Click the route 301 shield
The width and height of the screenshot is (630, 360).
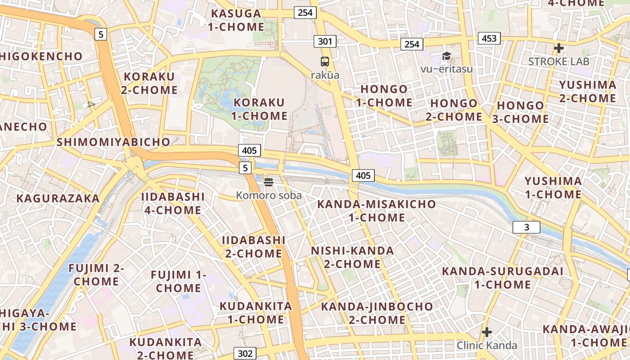pos(325,42)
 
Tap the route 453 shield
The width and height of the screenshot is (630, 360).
pos(489,38)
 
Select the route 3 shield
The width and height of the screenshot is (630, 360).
pos(526,227)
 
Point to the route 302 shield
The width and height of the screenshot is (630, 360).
pos(245,353)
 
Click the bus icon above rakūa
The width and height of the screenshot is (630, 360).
pos(325,62)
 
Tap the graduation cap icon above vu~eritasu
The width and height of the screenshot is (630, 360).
pos(446,56)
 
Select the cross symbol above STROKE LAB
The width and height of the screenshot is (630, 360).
pos(558,48)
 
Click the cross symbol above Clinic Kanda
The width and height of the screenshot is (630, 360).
pos(486,333)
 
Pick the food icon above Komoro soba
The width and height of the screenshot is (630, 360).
pos(269,182)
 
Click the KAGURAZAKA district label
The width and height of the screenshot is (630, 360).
pos(58,198)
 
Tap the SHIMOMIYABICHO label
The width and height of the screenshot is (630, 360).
pos(113,142)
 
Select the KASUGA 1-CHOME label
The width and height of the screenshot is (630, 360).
pos(236,20)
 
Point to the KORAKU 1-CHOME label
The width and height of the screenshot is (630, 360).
pos(260,109)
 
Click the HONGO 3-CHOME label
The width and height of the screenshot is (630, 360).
pos(522,112)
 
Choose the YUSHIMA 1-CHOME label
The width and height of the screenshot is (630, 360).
pos(553,188)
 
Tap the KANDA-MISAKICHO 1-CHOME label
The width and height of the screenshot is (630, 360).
pos(377,211)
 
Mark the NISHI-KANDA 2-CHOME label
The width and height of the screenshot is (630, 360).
pos(352,257)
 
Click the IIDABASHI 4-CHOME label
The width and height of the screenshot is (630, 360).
pos(173,203)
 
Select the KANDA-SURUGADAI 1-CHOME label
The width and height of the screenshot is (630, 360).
pos(503,278)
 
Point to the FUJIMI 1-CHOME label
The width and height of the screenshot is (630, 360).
pos(179,281)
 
